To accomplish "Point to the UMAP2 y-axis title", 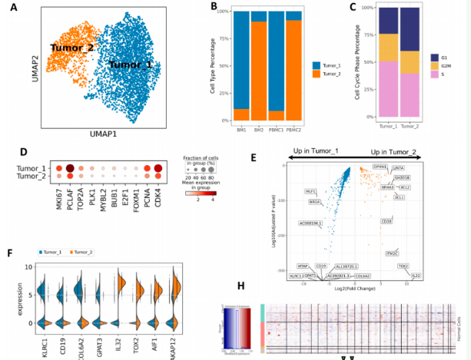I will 35,66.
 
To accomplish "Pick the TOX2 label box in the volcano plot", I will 403,266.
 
